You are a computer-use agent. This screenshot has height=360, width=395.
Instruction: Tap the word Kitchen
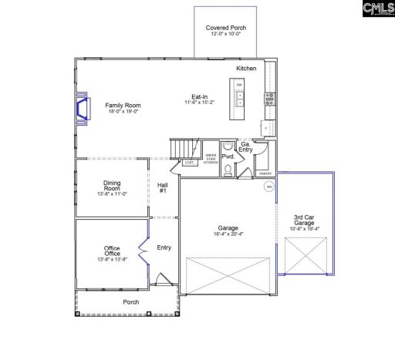coord(247,69)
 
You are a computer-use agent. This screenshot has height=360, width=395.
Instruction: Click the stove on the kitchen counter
coord(269,97)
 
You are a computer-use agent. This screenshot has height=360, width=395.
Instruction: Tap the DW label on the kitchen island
coord(239,83)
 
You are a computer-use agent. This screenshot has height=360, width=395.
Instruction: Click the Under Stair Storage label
coord(211,159)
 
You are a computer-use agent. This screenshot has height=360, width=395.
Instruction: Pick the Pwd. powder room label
coord(228,156)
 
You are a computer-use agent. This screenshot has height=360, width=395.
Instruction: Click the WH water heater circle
coord(269,187)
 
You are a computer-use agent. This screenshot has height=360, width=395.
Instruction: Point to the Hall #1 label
coord(163,187)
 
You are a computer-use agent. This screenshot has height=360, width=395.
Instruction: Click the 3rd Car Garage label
coord(304,224)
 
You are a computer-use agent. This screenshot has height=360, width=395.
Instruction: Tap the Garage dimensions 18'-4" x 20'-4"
coord(228,234)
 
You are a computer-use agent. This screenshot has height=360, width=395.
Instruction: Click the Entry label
coord(164,247)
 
